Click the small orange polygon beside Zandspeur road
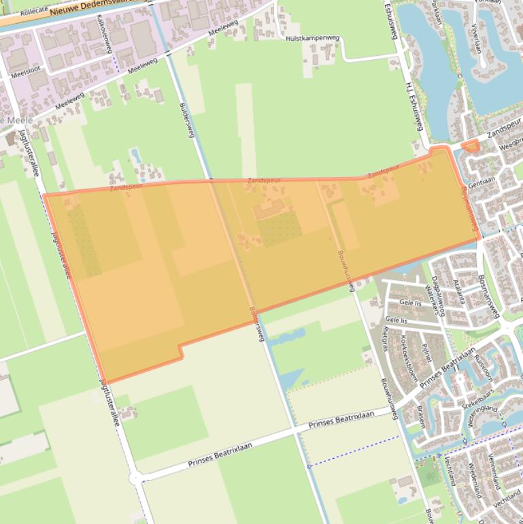[470, 146]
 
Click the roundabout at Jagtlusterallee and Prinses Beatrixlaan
[135, 478]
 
